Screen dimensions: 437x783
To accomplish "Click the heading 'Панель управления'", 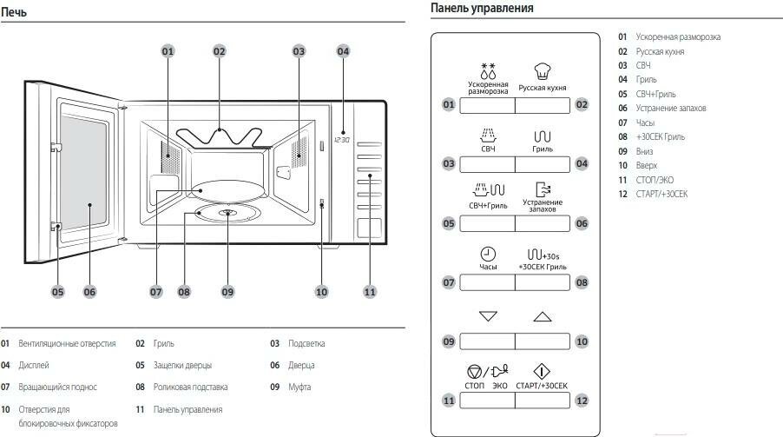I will click(482, 9).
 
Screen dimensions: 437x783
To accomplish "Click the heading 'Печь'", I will click(15, 12).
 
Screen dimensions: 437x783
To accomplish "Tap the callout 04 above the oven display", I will click(343, 51).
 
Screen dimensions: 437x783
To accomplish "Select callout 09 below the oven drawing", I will click(227, 292).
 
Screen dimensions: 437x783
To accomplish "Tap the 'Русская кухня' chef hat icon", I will click(543, 72).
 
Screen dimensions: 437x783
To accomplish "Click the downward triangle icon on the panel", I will click(488, 316).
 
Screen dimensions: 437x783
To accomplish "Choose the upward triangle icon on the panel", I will click(543, 316).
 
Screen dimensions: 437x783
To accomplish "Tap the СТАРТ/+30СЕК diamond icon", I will click(542, 371).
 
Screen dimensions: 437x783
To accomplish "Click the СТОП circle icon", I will click(474, 372).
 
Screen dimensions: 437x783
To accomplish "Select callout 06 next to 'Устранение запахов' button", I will click(582, 223).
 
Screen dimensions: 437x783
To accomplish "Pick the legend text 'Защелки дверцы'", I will click(182, 365).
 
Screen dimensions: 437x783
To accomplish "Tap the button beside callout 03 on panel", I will click(486, 163).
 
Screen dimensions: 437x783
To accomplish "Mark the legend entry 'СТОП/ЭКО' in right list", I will click(655, 179).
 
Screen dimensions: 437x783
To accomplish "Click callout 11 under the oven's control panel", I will click(370, 292).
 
